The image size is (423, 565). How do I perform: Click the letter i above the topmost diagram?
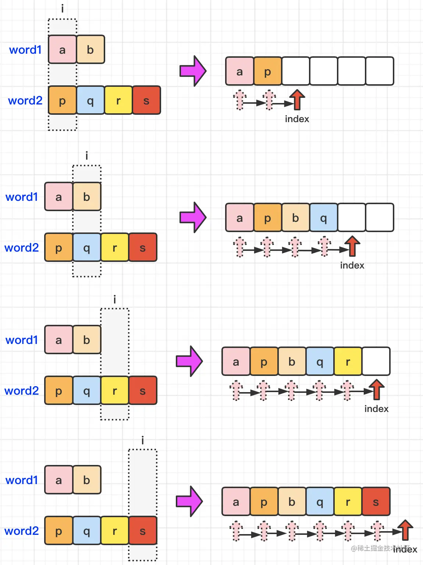[x=63, y=8]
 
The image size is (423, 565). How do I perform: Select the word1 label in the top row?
[x=25, y=50]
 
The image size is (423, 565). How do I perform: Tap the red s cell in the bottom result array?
[x=376, y=502]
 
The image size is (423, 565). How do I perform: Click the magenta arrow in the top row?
[x=193, y=71]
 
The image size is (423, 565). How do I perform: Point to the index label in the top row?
[x=297, y=119]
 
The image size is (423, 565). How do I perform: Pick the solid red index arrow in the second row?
[x=352, y=246]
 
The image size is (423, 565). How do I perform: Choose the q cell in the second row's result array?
[x=324, y=218]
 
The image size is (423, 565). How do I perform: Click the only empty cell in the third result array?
[x=376, y=361]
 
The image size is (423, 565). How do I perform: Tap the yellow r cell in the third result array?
[x=348, y=362]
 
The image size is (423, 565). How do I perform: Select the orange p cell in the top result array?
[x=268, y=71]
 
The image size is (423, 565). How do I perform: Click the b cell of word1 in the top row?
[x=90, y=50]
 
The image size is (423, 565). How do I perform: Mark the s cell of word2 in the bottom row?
[x=143, y=531]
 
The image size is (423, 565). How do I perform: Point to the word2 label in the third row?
[x=21, y=391]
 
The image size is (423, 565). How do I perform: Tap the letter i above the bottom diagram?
[x=143, y=440]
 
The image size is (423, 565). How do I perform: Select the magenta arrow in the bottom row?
[x=189, y=501]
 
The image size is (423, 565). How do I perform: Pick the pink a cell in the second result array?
[x=239, y=218]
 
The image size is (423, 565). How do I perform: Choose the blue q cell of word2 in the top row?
[x=90, y=100]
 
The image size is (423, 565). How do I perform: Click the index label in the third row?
[x=376, y=409]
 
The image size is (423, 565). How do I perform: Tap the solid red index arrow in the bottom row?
[x=405, y=530]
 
